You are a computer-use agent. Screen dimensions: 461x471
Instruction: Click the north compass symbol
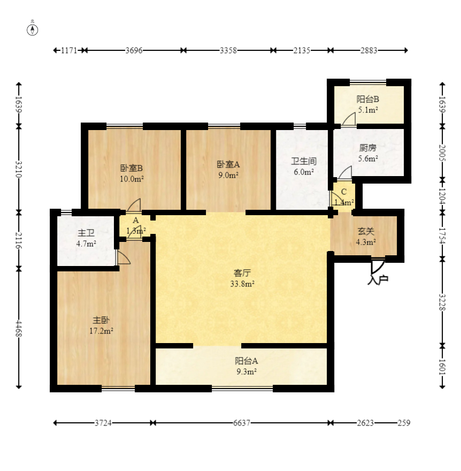[x=33, y=30]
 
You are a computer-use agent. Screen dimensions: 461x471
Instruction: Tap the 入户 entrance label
[x=378, y=279]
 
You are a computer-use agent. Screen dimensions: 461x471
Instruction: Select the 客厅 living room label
[x=242, y=273]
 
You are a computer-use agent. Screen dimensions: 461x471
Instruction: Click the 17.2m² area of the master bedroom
[x=101, y=331]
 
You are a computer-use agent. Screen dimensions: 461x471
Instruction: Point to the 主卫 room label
[x=86, y=233]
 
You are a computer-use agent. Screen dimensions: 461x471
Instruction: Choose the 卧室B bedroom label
[x=132, y=168]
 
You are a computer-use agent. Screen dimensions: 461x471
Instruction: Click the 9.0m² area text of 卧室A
[x=228, y=175]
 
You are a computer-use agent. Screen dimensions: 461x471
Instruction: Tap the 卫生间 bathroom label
[x=304, y=161]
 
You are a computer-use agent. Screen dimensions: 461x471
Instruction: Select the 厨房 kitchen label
[x=367, y=148]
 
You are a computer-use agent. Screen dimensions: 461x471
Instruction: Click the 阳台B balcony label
[x=367, y=99]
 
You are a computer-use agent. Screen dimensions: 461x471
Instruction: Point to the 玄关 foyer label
[x=366, y=231]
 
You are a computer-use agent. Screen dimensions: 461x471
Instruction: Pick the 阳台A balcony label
[x=247, y=361]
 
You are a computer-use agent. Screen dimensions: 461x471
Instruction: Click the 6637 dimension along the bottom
[x=242, y=423]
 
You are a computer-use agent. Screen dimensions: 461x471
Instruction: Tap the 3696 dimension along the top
[x=134, y=50]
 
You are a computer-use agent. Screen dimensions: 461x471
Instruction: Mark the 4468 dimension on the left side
[x=19, y=328]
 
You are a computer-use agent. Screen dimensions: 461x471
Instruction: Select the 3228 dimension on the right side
[x=442, y=302]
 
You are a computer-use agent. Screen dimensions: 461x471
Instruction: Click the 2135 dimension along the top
[x=302, y=50]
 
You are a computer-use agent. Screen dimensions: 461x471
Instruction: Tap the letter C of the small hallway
[x=344, y=192]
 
